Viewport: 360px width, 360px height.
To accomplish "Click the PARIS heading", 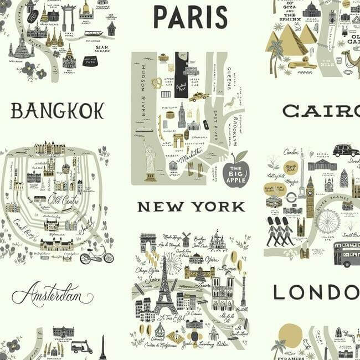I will (190, 17).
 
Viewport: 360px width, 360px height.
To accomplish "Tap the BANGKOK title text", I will (57, 111).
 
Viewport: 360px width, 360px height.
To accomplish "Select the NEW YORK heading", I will (191, 207).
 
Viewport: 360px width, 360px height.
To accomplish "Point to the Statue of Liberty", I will (149, 161).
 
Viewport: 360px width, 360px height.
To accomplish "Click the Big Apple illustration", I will (236, 172).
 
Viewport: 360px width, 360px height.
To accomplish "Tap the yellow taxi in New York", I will (198, 97).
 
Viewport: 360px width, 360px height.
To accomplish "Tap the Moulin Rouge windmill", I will (186, 238).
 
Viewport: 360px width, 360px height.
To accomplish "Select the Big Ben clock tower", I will (310, 197).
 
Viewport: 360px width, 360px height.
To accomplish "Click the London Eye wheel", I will (328, 222).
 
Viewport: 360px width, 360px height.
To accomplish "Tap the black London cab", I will (346, 150).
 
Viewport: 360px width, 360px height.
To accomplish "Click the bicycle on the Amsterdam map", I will (96, 256).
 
